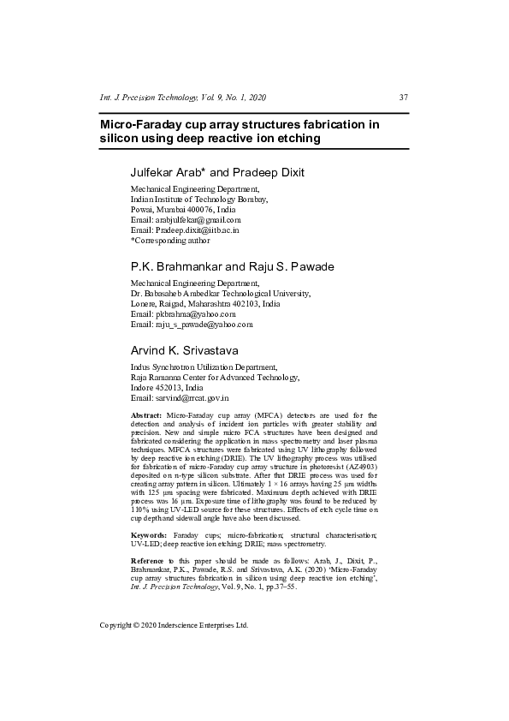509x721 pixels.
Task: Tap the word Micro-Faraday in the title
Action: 142,124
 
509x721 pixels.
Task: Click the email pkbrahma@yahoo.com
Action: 192,314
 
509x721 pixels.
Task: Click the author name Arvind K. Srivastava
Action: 184,350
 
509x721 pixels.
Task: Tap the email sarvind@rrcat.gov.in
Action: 192,398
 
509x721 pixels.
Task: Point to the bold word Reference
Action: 150,560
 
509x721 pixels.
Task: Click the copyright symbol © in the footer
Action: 139,626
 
